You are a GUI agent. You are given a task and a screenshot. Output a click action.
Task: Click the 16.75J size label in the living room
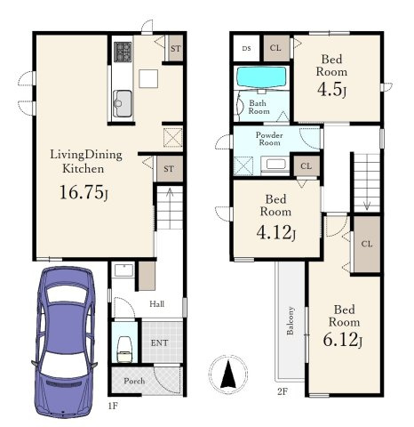pyautogui.click(x=84, y=192)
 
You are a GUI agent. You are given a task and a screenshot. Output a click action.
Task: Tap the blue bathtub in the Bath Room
pyautogui.click(x=261, y=77)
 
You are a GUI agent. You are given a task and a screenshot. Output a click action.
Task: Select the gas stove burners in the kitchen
pyautogui.click(x=123, y=52)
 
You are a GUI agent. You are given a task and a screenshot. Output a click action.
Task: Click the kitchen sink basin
pyautogui.click(x=122, y=103)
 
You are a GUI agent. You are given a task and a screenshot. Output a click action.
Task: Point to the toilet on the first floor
pyautogui.click(x=124, y=350)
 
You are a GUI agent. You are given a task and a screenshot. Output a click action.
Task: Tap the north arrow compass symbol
pyautogui.click(x=228, y=373)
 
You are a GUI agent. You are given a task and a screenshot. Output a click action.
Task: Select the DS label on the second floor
pyautogui.click(x=246, y=48)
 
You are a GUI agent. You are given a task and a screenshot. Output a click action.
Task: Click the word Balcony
pyautogui.click(x=291, y=320)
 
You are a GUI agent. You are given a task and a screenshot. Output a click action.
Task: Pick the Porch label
pyautogui.click(x=134, y=381)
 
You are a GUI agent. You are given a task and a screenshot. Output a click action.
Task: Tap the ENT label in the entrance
pyautogui.click(x=159, y=343)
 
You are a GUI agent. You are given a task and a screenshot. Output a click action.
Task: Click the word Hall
pyautogui.click(x=156, y=303)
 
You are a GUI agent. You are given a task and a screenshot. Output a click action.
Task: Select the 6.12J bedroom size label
pyautogui.click(x=343, y=340)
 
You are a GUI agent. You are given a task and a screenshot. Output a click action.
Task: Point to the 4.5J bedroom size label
pyautogui.click(x=331, y=90)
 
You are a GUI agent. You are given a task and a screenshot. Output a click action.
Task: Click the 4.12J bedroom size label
pyautogui.click(x=275, y=233)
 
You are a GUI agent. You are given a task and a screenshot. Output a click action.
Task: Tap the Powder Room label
pyautogui.click(x=269, y=139)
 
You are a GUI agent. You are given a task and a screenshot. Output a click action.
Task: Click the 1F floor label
pyautogui.click(x=113, y=406)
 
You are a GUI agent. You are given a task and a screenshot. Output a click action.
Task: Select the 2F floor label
pyautogui.click(x=283, y=391)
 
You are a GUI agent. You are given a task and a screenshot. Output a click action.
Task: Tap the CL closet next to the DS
pyautogui.click(x=276, y=48)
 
